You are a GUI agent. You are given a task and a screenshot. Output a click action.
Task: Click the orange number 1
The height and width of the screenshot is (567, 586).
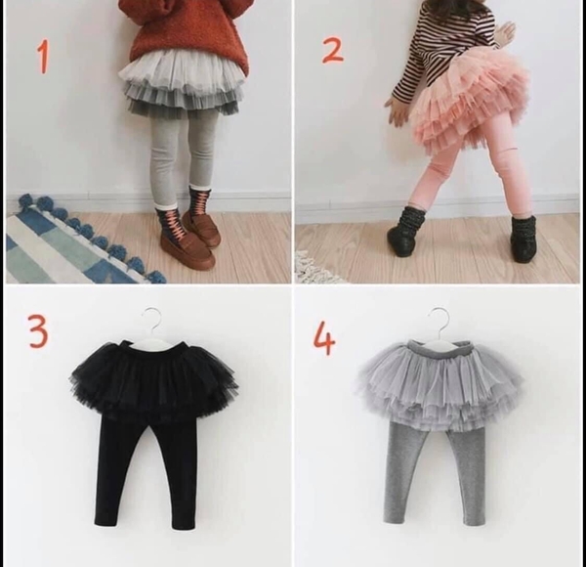(x=42, y=57)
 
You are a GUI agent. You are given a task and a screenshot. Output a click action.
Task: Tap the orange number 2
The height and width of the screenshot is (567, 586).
(x=332, y=49)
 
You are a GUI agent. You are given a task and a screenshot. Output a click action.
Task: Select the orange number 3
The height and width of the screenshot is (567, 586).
(x=38, y=332)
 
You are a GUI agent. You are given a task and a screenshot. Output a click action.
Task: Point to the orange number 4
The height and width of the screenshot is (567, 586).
(x=324, y=339)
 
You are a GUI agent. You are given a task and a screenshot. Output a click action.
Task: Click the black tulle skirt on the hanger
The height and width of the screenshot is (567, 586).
(x=153, y=380)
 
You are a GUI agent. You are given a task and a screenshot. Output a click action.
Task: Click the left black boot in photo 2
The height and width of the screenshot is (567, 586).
(x=405, y=232)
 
